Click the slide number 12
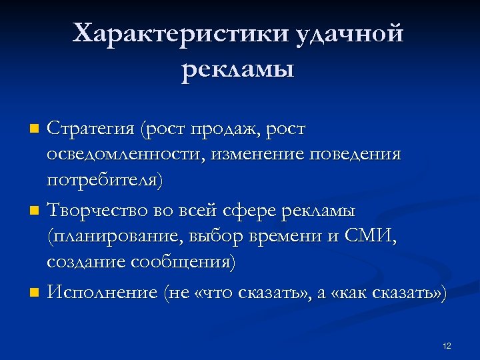447,345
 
